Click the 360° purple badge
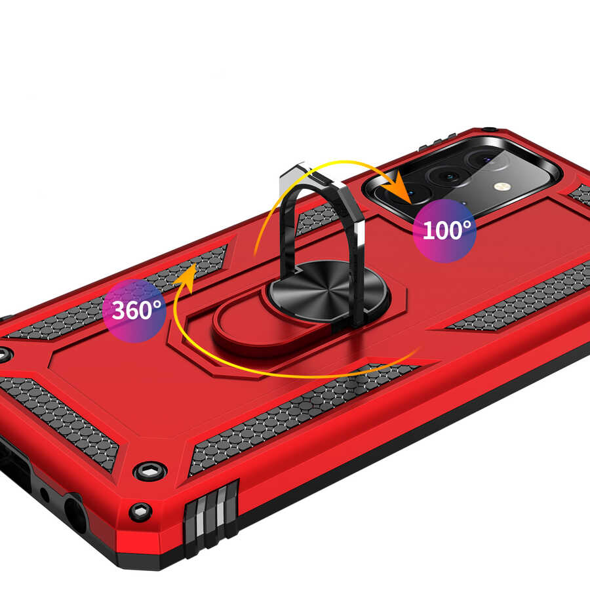click(134, 311)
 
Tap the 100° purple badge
click(444, 230)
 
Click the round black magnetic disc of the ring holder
click(327, 291)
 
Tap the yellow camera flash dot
click(500, 186)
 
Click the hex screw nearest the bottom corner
click(140, 512)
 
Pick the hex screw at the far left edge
click(5, 355)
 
